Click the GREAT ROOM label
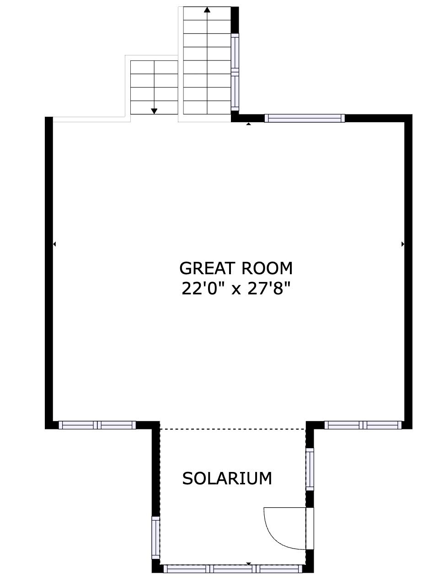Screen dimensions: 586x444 click(235, 268)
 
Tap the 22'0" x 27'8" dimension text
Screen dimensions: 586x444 click(235, 289)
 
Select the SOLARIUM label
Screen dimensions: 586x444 click(227, 478)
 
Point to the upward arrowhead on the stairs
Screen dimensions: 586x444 click(207, 10)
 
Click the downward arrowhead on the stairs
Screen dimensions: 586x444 click(154, 111)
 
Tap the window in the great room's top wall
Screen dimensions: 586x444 click(305, 118)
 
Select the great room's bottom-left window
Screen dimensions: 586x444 click(97, 425)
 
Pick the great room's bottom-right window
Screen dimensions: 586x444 click(363, 425)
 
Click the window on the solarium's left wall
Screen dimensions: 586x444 click(156, 537)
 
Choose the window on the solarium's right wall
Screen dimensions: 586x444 click(310, 469)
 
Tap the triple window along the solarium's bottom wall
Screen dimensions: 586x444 click(233, 569)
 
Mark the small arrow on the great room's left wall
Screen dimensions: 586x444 click(54, 244)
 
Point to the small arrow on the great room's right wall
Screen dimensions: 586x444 click(402, 244)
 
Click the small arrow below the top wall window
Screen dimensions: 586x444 click(249, 124)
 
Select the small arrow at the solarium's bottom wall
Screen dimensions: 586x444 click(249, 564)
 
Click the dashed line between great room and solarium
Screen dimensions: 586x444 click(233, 429)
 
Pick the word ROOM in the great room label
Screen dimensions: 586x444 click(267, 268)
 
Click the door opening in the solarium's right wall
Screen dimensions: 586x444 click(310, 528)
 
